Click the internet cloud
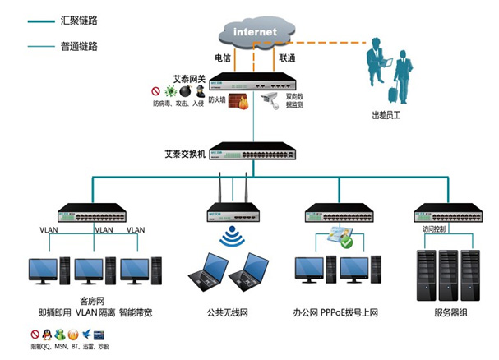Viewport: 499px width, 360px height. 255,31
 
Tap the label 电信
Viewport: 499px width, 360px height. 222,58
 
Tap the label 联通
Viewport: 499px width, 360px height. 287,58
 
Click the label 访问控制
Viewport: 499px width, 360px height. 433,230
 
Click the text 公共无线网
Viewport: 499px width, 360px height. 228,313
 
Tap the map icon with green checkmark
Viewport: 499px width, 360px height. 340,237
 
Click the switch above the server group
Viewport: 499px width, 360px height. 446,212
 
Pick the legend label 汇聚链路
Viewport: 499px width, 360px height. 79,18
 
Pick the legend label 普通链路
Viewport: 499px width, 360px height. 79,46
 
